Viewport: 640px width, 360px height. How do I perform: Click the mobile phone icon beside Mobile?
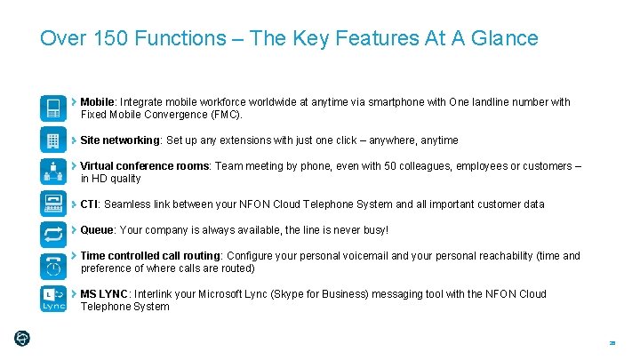click(x=53, y=107)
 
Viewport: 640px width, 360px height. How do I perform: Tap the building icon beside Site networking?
click(x=53, y=140)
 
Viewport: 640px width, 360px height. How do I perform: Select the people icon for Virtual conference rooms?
click(x=53, y=172)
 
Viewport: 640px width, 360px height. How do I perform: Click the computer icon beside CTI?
click(x=53, y=204)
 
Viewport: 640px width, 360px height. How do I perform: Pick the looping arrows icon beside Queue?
click(x=53, y=234)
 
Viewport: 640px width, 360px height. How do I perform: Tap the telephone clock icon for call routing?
click(x=53, y=265)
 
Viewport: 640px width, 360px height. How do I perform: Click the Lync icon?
click(x=53, y=299)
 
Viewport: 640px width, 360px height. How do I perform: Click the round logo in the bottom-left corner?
click(x=23, y=338)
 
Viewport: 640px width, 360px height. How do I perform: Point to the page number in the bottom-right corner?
click(x=612, y=343)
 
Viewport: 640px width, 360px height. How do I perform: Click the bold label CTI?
click(x=90, y=204)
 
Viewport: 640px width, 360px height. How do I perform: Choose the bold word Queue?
click(x=97, y=230)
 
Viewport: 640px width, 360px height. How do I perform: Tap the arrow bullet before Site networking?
click(x=75, y=140)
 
